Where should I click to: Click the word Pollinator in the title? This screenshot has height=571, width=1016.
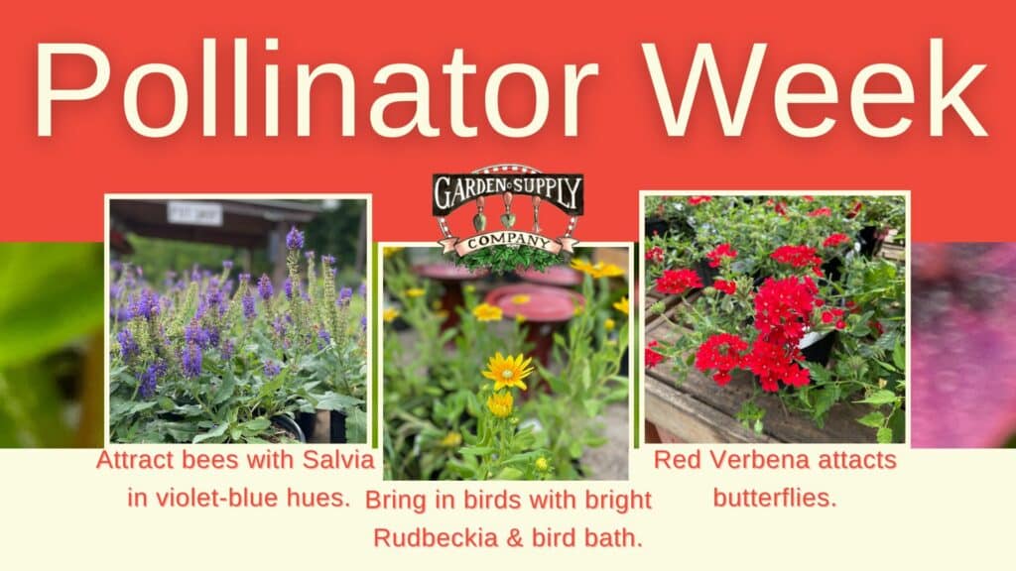click(x=316, y=89)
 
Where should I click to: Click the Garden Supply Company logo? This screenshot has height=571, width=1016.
click(x=508, y=217)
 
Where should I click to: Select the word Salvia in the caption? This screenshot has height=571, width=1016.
click(x=338, y=460)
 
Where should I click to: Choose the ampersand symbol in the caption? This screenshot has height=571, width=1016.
click(x=516, y=538)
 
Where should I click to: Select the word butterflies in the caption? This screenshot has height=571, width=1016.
click(x=775, y=498)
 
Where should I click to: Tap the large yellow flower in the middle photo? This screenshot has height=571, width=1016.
click(x=507, y=371)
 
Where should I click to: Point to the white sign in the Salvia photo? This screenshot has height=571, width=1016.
click(x=194, y=213)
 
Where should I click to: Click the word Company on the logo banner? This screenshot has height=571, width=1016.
click(x=508, y=243)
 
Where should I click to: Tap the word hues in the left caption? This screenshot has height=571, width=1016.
click(x=325, y=498)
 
